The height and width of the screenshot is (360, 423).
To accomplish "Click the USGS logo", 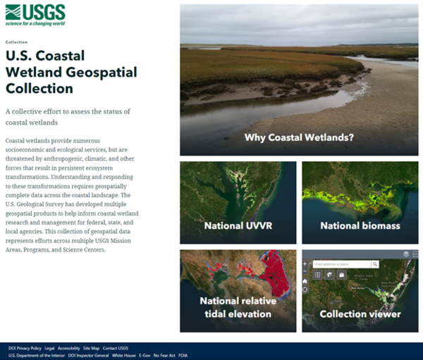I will (x=35, y=13).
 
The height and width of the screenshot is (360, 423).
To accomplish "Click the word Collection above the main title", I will (x=16, y=42).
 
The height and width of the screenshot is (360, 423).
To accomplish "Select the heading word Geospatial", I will (x=105, y=72).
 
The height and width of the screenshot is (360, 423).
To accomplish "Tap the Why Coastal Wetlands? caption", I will (x=299, y=137).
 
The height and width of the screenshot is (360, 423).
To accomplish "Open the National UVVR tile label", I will (x=238, y=226).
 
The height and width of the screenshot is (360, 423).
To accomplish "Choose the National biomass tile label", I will (x=360, y=226).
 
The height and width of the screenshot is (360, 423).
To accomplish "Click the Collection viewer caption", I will (x=360, y=314).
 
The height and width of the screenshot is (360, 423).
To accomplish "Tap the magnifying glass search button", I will (x=375, y=263).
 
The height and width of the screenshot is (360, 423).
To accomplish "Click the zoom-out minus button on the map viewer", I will (x=305, y=272).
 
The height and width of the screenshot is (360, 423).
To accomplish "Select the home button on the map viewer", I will (x=305, y=281).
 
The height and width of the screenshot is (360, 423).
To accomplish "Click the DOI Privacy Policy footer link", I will (x=25, y=348).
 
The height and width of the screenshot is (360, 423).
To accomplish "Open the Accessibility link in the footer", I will (x=69, y=348).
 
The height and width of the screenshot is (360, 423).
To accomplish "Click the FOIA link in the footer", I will (x=183, y=355).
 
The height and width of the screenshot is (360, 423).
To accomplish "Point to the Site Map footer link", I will (x=91, y=348).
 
